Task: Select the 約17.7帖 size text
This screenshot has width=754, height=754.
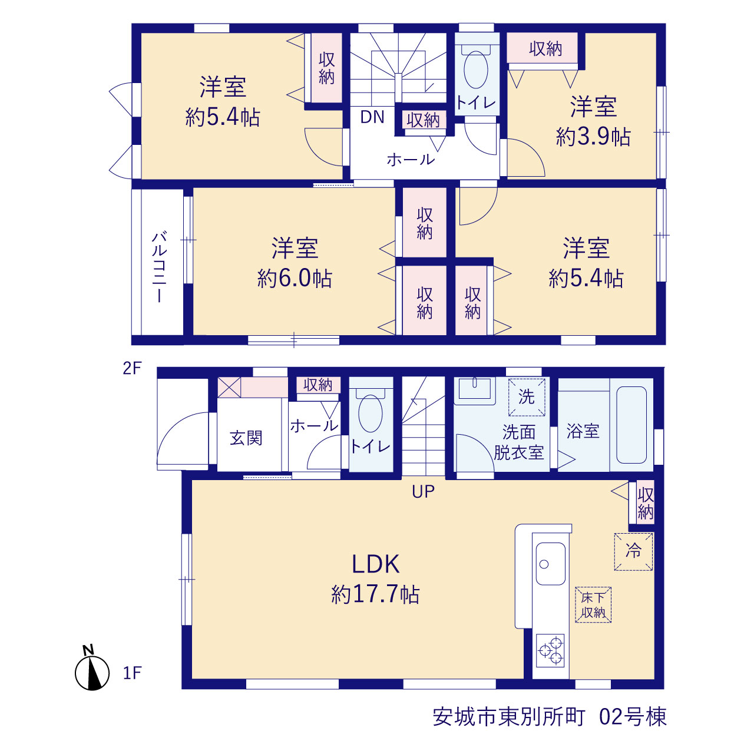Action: click(375, 595)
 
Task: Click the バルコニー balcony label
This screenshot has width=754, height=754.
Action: click(159, 267)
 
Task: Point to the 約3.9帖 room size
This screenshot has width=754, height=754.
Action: click(593, 137)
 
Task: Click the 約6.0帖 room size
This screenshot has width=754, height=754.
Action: click(295, 279)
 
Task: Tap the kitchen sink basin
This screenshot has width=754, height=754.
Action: click(551, 564)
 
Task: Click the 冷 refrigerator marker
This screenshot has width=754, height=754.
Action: click(633, 551)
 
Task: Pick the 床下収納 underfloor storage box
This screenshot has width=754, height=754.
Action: click(593, 605)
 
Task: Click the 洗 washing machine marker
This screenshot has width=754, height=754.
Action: click(526, 397)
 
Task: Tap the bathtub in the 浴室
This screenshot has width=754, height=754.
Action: click(631, 425)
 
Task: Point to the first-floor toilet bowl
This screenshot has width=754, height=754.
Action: click(370, 414)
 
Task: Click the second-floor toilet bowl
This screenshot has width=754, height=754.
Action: click(476, 70)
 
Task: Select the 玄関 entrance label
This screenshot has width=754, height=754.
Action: click(246, 438)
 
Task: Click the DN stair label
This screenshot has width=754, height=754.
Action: click(372, 117)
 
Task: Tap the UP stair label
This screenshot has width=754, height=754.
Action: click(424, 491)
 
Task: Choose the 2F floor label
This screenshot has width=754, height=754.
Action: click(132, 368)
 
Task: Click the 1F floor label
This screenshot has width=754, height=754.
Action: click(132, 673)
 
